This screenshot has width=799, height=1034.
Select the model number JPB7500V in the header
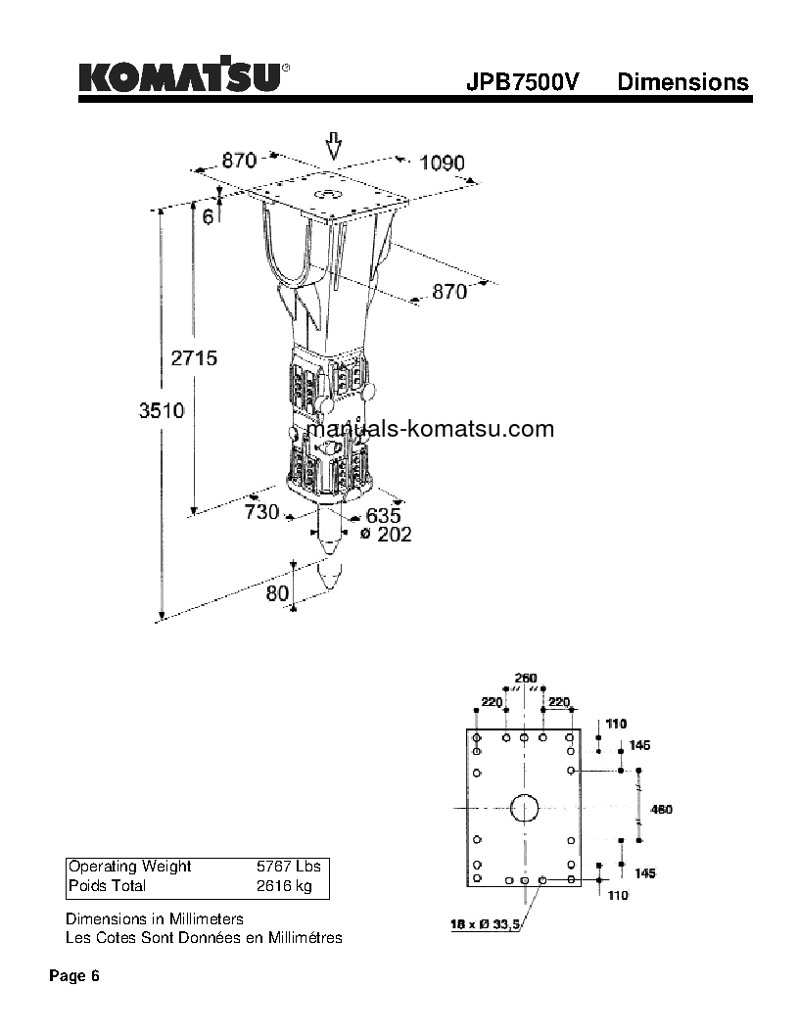coord(524,82)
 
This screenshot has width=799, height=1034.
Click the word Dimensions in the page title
coord(682,82)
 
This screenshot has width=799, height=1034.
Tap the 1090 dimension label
coord(442,164)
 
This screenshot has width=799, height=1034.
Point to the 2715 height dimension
coord(194,358)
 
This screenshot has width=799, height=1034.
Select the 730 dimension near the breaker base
coord(261,512)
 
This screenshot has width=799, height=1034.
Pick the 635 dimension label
coord(383,515)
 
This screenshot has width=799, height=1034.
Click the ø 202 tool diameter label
coord(386,535)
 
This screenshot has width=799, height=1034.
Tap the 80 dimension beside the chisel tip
coord(277,592)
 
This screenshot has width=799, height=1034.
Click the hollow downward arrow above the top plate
coord(333,146)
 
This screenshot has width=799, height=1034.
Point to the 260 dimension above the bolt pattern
coord(526,679)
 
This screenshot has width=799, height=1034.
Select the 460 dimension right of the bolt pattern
coord(663,809)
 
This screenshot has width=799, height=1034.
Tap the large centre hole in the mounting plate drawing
coord(524,808)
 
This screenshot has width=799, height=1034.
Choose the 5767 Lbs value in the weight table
coord(288,867)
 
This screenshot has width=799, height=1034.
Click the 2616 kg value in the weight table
coord(284,886)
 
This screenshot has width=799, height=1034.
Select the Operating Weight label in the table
coord(129,867)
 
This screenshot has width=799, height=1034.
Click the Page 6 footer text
coord(74,976)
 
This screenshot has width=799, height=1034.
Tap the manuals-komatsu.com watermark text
coord(430,429)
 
